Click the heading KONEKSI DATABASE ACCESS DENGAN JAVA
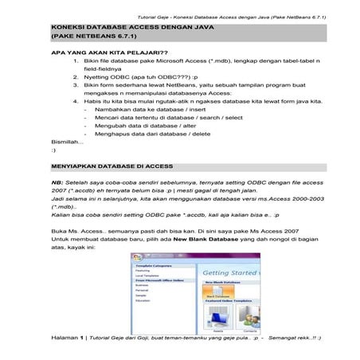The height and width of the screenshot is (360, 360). pyautogui.click(x=118, y=26)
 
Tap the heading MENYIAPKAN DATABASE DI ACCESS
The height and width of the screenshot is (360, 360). pyautogui.click(x=112, y=166)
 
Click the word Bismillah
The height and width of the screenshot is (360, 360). pyautogui.click(x=67, y=141)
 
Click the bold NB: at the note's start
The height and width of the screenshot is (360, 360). pyautogui.click(x=57, y=181)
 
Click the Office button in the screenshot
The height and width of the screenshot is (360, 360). pyautogui.click(x=138, y=260)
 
